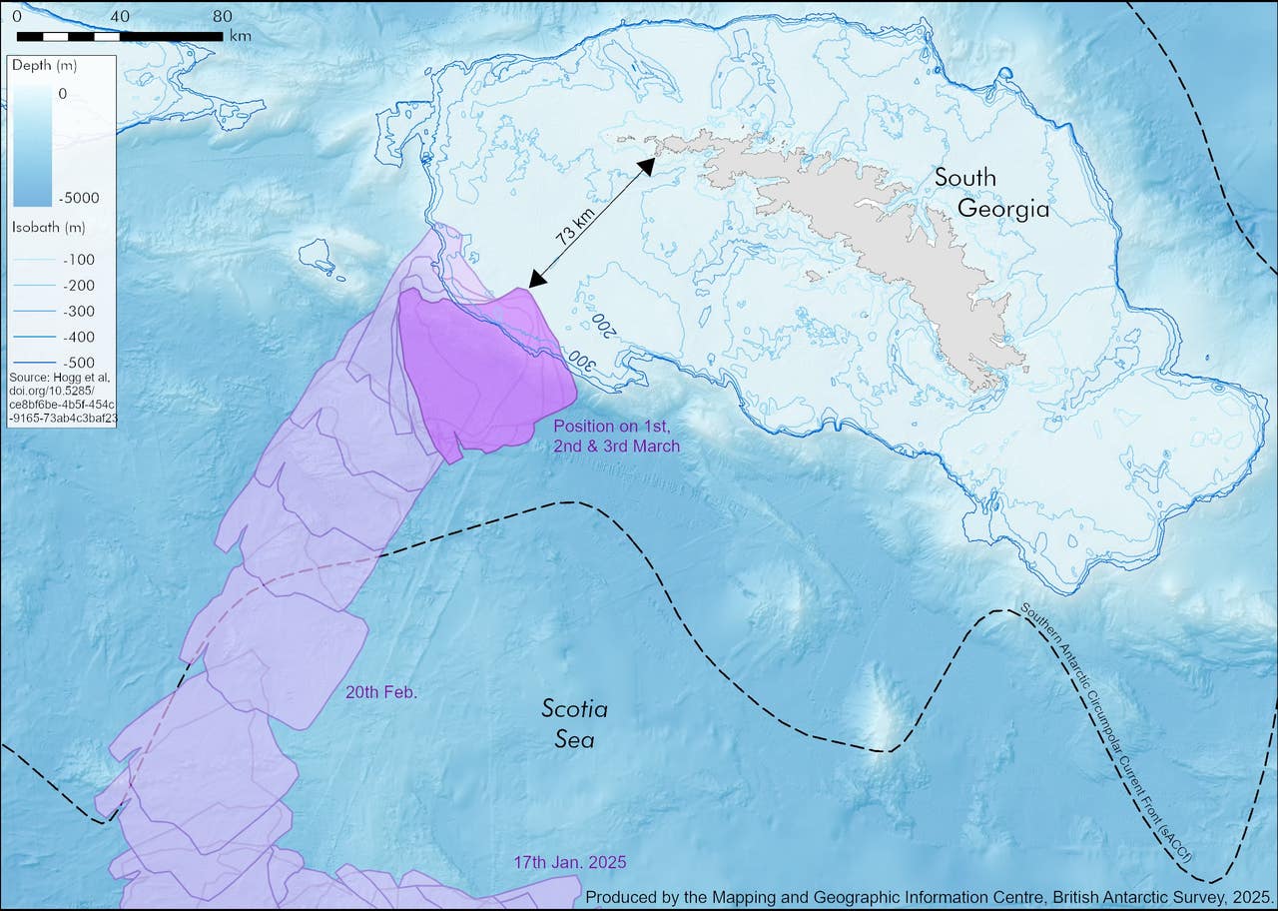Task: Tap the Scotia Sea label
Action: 574,724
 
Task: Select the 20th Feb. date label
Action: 381,691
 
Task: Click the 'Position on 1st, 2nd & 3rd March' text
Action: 616,436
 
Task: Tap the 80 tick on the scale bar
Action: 222,16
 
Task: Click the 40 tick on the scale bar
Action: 120,16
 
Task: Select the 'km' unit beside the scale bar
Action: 240,36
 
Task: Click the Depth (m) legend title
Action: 43,66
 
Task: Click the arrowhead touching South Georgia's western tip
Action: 646,164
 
